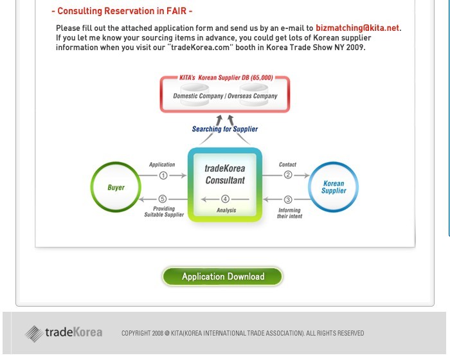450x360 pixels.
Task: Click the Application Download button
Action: [x=222, y=276]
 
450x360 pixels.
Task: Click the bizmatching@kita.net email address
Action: [x=357, y=28]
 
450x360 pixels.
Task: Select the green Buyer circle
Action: [x=91, y=187]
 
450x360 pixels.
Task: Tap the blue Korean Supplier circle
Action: [x=309, y=187]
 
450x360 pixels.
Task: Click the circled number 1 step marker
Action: [x=163, y=175]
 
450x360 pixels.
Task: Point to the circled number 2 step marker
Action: [x=288, y=175]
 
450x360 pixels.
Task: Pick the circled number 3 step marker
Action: [x=288, y=199]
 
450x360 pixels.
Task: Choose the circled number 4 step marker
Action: [x=225, y=199]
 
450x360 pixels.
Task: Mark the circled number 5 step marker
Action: [x=163, y=199]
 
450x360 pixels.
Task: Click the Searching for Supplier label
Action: [x=225, y=129]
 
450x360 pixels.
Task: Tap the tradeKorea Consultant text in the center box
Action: [x=225, y=174]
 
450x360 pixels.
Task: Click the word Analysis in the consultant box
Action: [x=226, y=210]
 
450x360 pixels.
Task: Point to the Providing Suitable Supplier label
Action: [x=164, y=212]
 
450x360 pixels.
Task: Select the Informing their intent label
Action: [x=289, y=213]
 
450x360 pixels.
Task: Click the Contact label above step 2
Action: [x=287, y=165]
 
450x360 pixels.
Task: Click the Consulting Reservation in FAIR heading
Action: [x=122, y=11]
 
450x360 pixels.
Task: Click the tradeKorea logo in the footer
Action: [x=64, y=333]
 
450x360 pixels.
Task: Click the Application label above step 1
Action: [x=162, y=165]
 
